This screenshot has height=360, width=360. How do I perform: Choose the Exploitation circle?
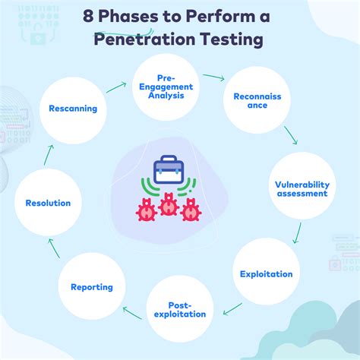(265, 273)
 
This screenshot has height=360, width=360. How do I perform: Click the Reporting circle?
(91, 286)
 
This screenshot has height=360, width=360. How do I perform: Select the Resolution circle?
(48, 203)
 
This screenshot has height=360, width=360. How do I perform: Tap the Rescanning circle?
(73, 108)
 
